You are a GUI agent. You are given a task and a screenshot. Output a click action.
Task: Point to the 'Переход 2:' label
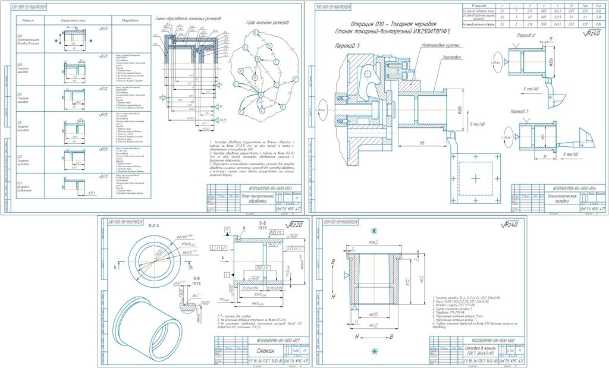526,36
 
